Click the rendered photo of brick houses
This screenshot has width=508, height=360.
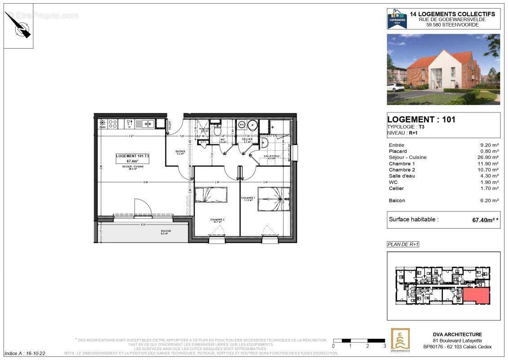point(443,69)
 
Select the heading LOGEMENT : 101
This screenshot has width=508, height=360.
point(421,119)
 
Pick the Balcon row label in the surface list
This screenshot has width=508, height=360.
point(397,200)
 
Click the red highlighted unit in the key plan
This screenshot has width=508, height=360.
point(477,296)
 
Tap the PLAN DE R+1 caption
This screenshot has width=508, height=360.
point(403,244)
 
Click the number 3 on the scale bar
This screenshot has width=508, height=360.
point(384,346)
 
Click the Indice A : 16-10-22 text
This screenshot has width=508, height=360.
point(25,354)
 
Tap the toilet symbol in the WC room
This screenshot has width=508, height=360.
point(217,130)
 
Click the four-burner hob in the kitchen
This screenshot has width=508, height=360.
point(113,123)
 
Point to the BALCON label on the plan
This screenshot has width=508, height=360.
point(166,231)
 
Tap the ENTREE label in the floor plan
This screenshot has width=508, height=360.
point(180,151)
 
